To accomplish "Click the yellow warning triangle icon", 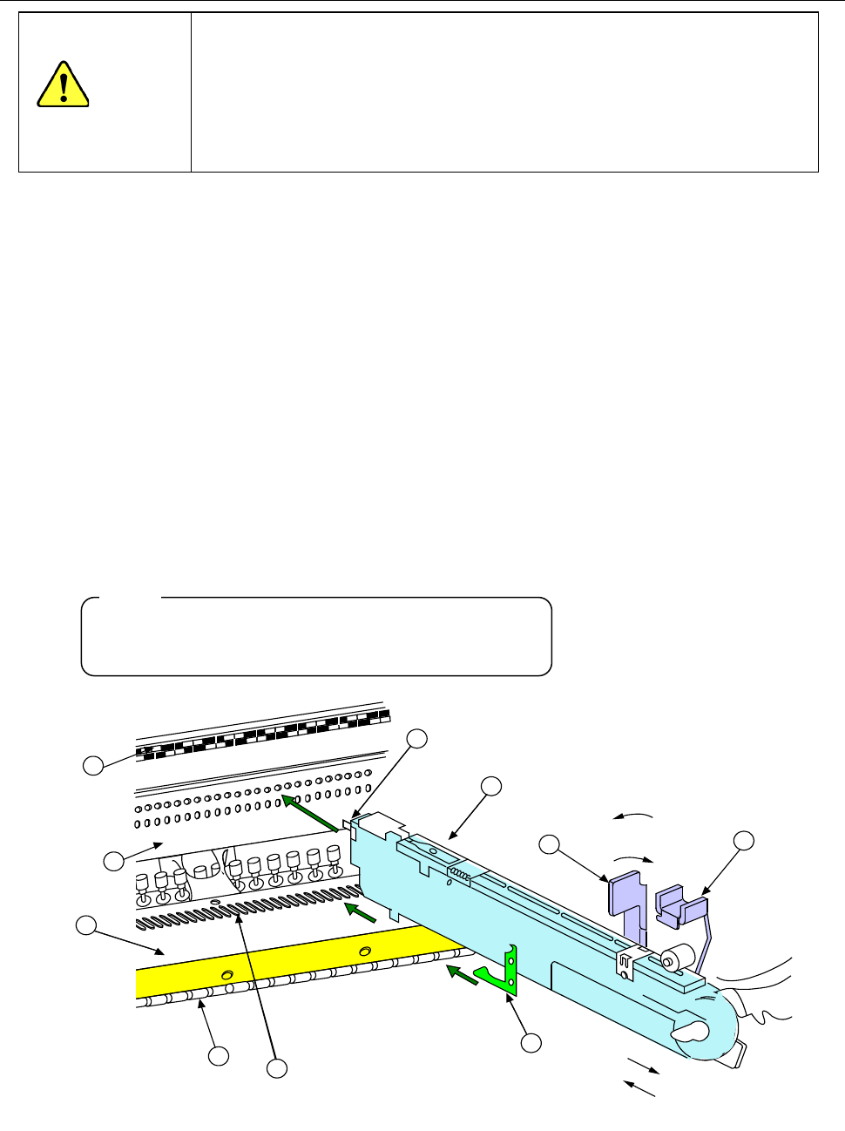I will (63, 85).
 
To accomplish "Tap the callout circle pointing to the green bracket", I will (531, 1042).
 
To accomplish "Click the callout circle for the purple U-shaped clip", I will (743, 841).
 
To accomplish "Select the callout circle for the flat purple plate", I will (550, 843).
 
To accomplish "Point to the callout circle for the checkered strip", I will (92, 765).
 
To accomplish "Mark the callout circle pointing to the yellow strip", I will (85, 925).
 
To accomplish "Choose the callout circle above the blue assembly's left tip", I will (417, 739).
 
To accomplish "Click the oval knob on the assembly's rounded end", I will (688, 1033).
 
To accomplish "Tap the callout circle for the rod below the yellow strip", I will (218, 1056).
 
